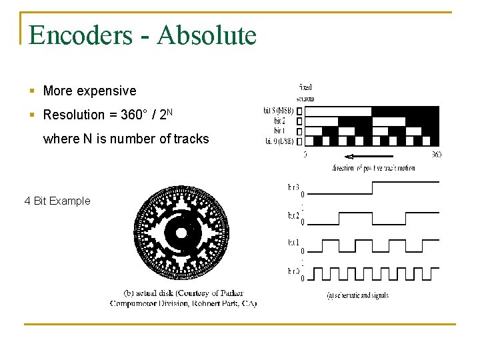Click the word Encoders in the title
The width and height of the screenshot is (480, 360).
(x=80, y=35)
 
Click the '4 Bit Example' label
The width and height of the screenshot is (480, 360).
(x=57, y=201)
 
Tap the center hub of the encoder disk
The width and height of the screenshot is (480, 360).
(x=181, y=233)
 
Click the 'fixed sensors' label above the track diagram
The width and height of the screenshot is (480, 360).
(x=305, y=93)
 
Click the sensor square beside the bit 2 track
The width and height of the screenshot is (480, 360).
(x=299, y=121)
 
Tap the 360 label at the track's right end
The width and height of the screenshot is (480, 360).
(x=437, y=155)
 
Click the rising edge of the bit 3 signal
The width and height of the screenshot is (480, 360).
(x=372, y=188)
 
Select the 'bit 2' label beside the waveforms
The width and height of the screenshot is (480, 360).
(x=293, y=215)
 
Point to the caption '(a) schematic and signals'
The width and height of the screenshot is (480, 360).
(x=358, y=295)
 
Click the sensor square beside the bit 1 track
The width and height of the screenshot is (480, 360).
(x=299, y=131)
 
